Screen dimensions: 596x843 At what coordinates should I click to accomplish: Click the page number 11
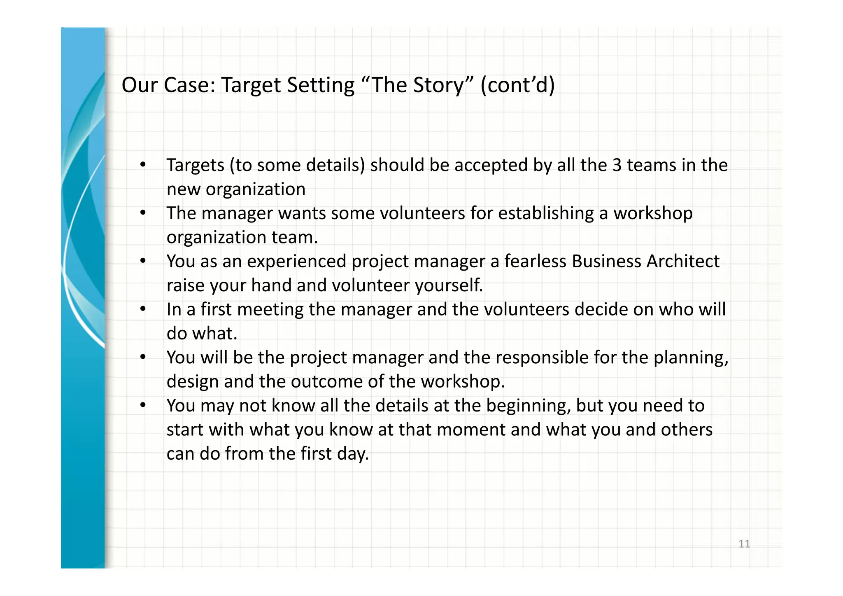coord(744,544)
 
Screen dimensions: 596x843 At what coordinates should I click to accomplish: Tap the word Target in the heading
coord(251,85)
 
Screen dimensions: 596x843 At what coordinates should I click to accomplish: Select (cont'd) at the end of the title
coord(517,85)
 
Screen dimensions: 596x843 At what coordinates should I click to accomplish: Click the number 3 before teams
coord(617,165)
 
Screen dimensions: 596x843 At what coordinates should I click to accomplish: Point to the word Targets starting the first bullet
coord(195,165)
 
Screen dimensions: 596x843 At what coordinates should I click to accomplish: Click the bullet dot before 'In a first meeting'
coord(143,309)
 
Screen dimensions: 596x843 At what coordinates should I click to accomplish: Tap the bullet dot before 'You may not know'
coord(143,405)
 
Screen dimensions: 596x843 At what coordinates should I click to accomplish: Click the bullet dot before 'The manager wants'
coord(143,213)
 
